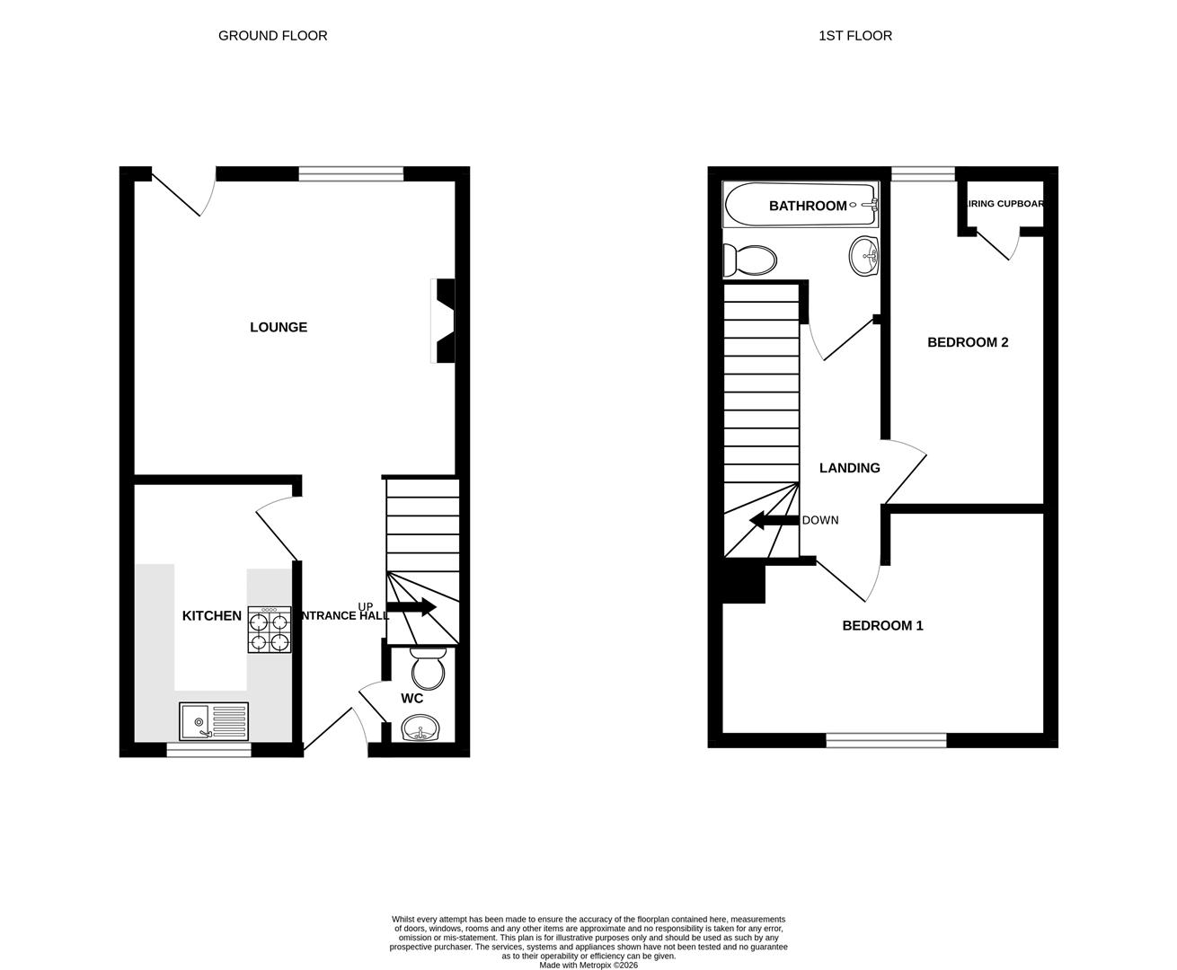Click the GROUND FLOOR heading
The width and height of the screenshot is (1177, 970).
272,36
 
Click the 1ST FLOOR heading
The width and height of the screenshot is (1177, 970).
854,36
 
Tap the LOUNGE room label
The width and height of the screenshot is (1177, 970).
279,328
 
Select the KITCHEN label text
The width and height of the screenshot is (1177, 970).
212,616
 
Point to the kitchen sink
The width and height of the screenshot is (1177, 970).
214,721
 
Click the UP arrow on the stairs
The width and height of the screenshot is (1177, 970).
412,608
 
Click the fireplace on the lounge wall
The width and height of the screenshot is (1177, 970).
445,321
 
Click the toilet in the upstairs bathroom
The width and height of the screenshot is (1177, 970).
749,261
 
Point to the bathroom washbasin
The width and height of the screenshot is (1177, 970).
863,255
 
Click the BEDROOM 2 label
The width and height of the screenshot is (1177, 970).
968,342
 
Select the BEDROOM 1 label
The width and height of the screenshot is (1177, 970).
882,626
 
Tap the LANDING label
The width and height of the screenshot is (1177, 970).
849,468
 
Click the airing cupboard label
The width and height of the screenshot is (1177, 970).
1004,204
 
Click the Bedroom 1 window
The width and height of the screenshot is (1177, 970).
886,740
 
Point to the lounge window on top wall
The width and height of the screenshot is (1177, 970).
350,174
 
